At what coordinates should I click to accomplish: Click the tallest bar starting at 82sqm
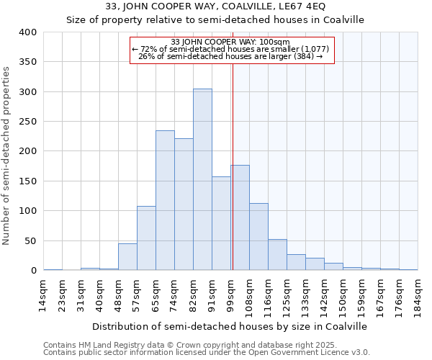[x=202, y=179]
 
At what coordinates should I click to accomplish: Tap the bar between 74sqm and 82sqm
[x=184, y=204]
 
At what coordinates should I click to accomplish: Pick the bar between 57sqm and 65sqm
[x=146, y=238]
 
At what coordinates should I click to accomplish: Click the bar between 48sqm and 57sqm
[x=127, y=257]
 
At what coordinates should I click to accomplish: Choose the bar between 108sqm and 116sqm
[x=258, y=237]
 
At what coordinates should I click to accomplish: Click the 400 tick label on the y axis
[x=28, y=32]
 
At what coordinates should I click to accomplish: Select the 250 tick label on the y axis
[x=28, y=122]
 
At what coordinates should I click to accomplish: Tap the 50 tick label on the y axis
[x=31, y=241]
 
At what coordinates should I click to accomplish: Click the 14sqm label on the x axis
[x=44, y=295]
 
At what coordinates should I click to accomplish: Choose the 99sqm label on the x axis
[x=231, y=295]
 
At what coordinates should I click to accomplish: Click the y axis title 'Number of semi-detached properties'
[x=7, y=156]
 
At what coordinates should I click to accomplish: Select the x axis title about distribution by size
[x=230, y=326]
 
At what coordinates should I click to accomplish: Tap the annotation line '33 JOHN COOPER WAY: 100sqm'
[x=232, y=42]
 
